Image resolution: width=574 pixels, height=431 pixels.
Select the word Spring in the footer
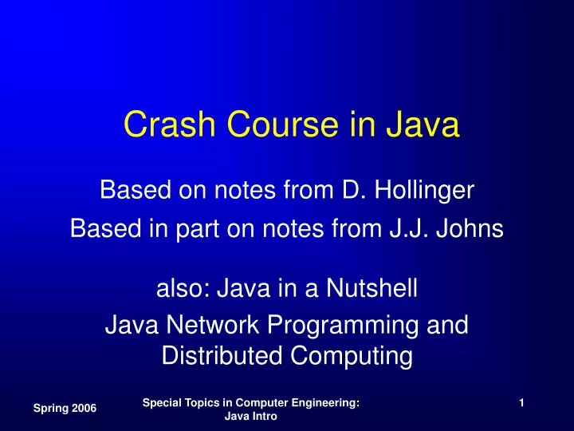click(49, 408)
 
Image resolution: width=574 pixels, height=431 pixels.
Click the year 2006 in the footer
click(83, 408)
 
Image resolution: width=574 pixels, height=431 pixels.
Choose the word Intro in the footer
click(263, 418)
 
